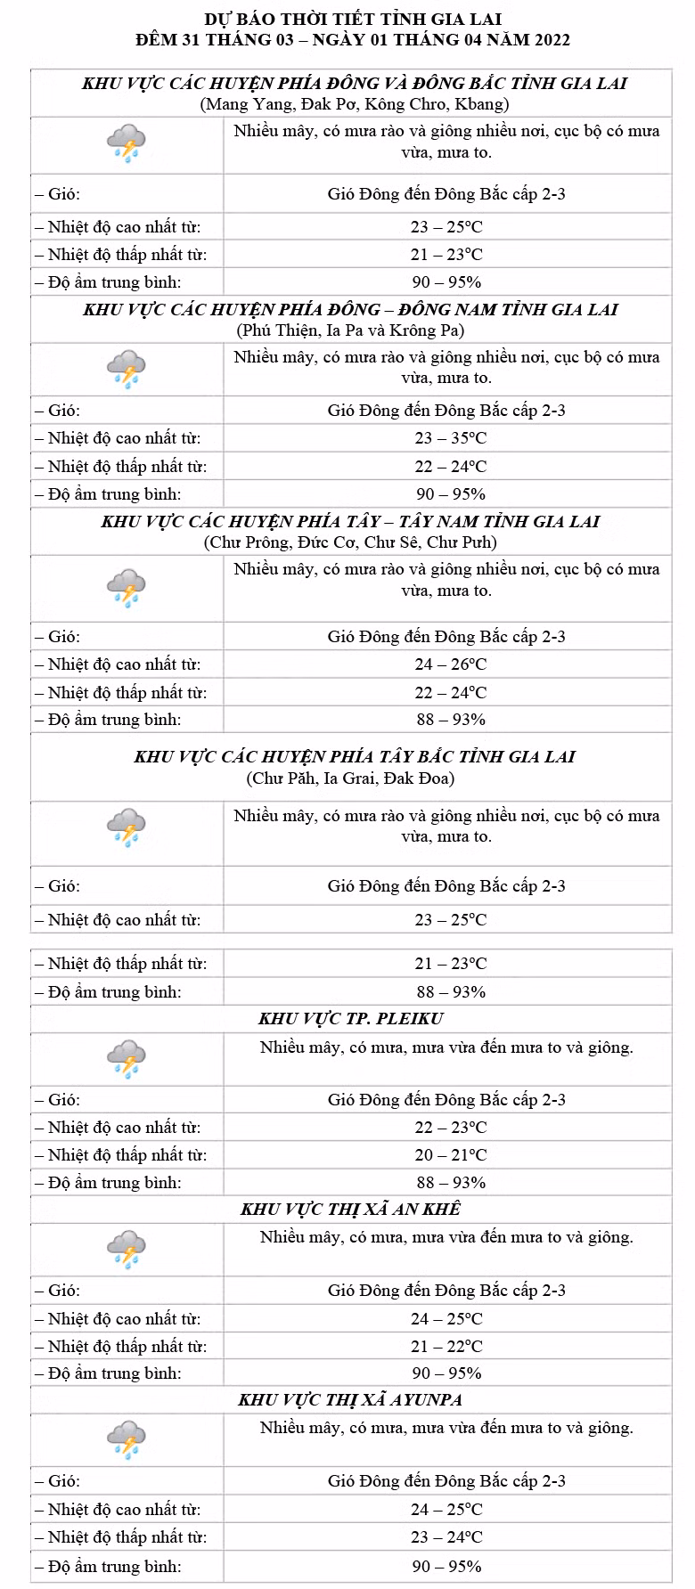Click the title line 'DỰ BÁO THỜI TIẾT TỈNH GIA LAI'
point(353,19)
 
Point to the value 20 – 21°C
point(450,1155)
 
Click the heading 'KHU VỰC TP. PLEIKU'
point(351,1019)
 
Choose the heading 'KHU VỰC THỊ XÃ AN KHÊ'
point(351,1210)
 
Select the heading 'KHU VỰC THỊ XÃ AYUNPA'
point(350,1400)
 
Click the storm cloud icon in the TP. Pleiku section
point(127,1059)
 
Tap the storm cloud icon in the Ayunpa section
point(127,1440)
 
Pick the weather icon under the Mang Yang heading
point(127,143)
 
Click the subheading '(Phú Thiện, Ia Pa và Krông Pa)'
point(350,330)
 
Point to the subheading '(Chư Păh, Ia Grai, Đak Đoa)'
point(350,778)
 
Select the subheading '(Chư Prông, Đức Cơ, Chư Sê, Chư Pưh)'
point(350,542)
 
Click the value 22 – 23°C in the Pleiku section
point(450,1128)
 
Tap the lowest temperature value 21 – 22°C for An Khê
point(446,1347)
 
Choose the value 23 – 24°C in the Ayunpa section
point(446,1537)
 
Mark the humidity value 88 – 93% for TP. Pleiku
point(450,1183)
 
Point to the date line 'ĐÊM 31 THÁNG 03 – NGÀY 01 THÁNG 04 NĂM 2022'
point(353,40)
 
